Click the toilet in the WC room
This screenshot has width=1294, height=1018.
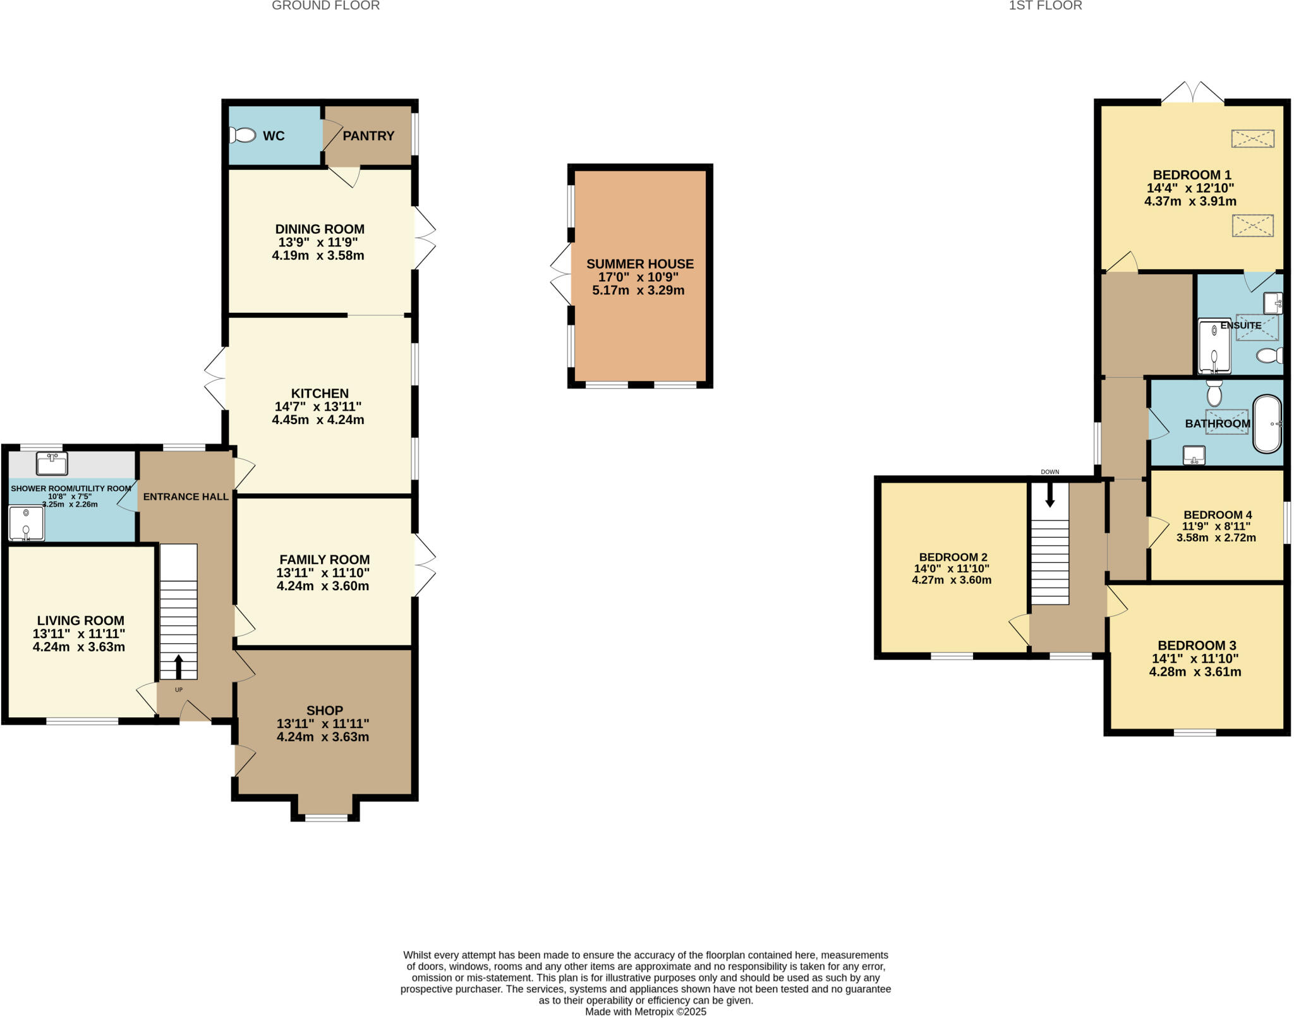[x=243, y=135]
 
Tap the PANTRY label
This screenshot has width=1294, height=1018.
[x=368, y=136]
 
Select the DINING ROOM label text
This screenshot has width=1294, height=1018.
[x=320, y=229]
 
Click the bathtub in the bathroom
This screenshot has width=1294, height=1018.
[x=1267, y=424]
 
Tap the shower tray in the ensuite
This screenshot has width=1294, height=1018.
[x=1214, y=346]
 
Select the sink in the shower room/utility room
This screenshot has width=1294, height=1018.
[x=52, y=464]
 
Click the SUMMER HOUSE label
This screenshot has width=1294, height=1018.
[x=639, y=264]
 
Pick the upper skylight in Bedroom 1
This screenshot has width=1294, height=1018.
[x=1252, y=138]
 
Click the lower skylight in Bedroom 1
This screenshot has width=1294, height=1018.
[x=1252, y=226]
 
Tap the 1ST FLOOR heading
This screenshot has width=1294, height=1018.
[x=1045, y=6]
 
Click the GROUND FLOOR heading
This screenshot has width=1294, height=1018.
[x=325, y=6]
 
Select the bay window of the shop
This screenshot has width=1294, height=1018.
[x=326, y=818]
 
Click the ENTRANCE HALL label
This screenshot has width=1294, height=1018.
[x=186, y=497]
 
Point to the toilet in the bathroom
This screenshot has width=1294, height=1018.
[x=1214, y=394]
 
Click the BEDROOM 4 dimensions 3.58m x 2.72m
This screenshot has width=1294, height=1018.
[x=1216, y=538]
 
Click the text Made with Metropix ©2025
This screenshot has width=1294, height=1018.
[x=645, y=1012]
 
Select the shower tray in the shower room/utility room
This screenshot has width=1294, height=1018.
[x=27, y=523]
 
